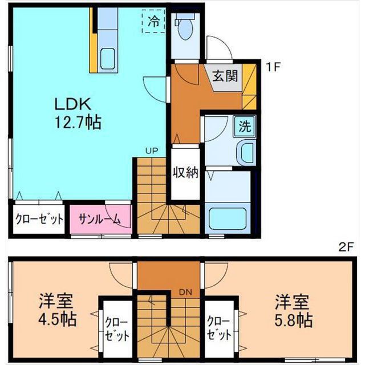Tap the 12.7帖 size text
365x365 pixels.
(78, 122)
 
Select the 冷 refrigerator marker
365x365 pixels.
(153, 22)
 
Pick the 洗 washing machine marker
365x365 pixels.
(244, 126)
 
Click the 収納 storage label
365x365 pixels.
(185, 172)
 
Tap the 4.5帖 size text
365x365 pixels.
(58, 318)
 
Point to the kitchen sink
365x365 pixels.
(107, 57)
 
